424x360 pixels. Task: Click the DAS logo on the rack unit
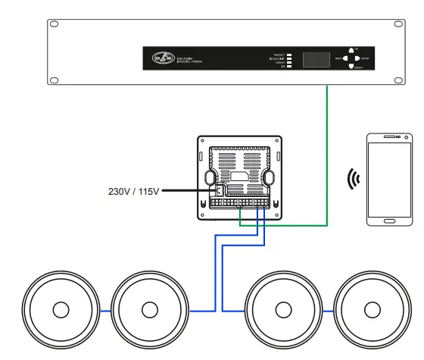click(162, 58)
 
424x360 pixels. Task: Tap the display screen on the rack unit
click(317, 59)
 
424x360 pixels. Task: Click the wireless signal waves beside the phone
click(353, 180)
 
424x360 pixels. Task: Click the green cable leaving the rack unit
click(327, 152)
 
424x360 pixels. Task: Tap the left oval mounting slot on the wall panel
click(210, 176)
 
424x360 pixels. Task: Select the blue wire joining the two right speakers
click(327, 311)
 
